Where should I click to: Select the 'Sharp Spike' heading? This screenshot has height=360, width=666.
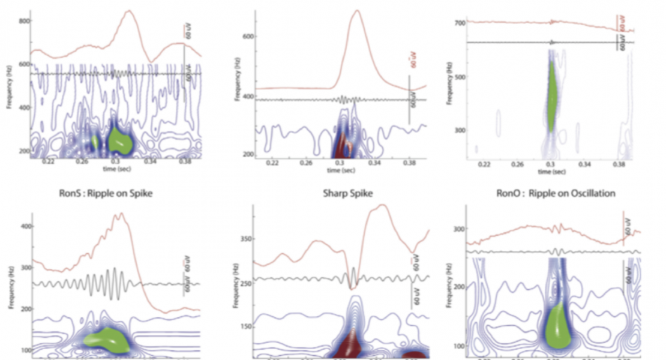tap(338, 193)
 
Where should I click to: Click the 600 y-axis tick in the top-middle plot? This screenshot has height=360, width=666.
tap(247, 36)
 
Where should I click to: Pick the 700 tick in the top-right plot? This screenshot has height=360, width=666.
tap(461, 23)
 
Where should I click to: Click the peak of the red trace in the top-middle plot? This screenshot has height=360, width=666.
tap(357, 10)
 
